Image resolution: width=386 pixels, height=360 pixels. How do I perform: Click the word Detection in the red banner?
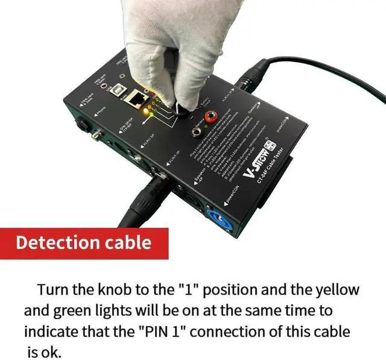(x=57, y=244)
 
